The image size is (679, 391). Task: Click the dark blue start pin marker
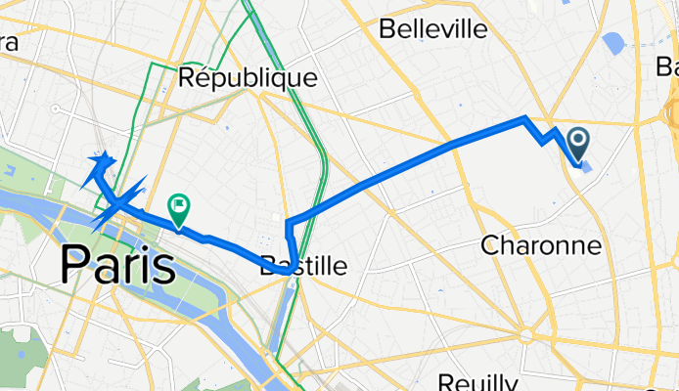pyautogui.click(x=578, y=145)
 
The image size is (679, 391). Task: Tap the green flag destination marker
pyautogui.click(x=179, y=207)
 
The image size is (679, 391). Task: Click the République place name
pyautogui.click(x=249, y=76)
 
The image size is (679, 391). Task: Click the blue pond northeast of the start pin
pyautogui.click(x=615, y=43)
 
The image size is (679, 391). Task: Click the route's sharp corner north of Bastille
pyautogui.click(x=288, y=224)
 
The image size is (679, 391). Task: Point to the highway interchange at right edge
pyautogui.click(x=671, y=108)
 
